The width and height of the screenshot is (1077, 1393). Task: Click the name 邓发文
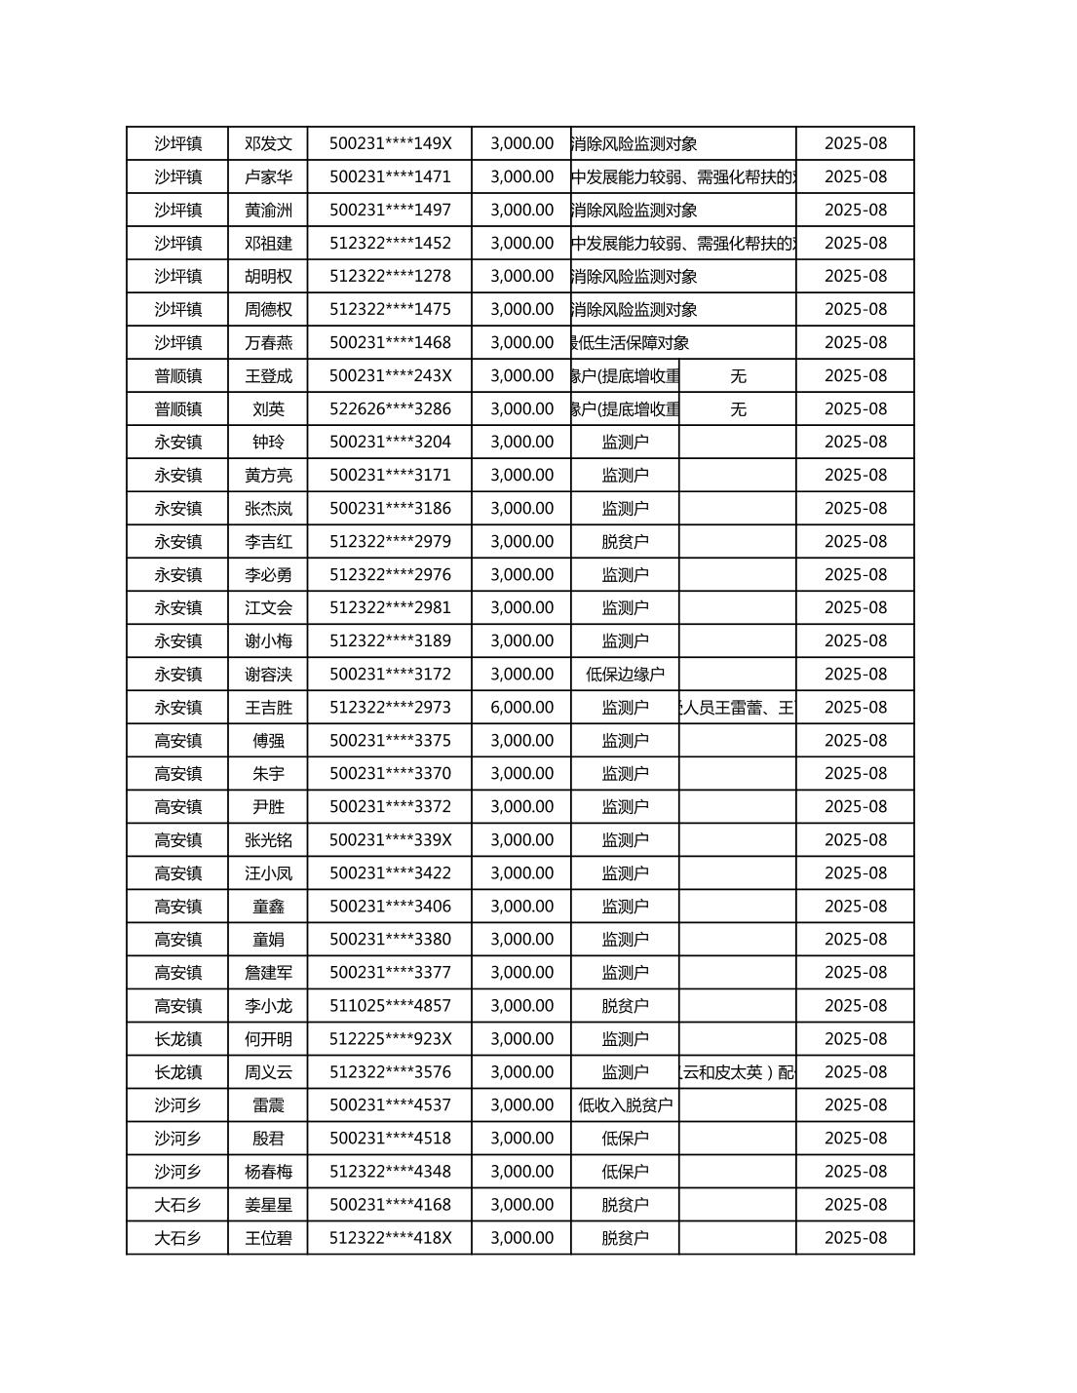point(268,143)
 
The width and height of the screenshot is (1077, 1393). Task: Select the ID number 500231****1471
point(390,176)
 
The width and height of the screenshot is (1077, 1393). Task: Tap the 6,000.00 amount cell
point(521,707)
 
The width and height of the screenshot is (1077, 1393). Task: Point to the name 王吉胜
point(268,707)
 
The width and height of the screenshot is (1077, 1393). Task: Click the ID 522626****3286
point(390,408)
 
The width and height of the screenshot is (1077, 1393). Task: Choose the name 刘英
point(268,408)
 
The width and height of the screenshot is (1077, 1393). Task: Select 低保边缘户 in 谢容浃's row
point(625,674)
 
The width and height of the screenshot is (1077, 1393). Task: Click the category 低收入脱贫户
point(625,1104)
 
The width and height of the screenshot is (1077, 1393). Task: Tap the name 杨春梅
point(268,1171)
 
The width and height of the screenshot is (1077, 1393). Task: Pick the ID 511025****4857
point(390,1005)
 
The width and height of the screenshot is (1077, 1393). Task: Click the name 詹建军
point(268,972)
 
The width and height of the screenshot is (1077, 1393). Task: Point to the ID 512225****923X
point(390,1038)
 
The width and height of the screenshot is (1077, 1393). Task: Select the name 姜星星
point(268,1204)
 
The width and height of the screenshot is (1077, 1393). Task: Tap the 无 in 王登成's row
point(738,375)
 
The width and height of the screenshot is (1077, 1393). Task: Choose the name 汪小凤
point(268,872)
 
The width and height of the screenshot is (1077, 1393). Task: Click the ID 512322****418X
point(390,1237)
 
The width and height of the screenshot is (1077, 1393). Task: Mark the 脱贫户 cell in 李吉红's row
point(625,541)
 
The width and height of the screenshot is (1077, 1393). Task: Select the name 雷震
point(268,1104)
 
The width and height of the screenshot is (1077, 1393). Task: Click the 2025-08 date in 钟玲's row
point(855,442)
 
